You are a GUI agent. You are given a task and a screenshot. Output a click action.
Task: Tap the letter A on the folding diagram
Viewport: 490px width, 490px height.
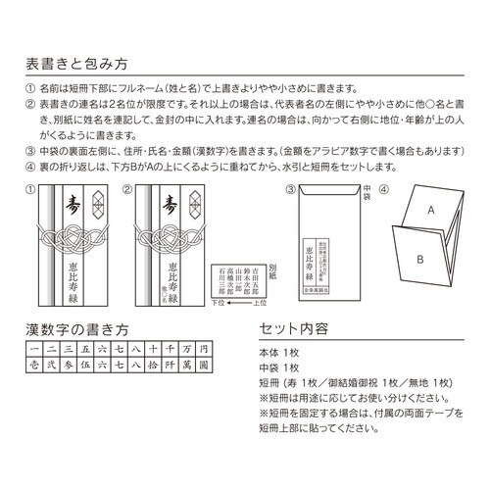pos(429,210)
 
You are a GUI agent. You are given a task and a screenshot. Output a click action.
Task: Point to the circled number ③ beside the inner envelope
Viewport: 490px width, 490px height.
pos(277,186)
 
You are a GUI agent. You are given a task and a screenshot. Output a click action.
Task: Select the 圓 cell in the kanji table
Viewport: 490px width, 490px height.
pos(204,363)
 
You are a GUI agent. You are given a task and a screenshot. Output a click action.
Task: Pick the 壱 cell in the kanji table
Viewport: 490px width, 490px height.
pos(35,363)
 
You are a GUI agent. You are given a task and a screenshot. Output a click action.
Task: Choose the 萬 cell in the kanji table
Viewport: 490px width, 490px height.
pos(187,363)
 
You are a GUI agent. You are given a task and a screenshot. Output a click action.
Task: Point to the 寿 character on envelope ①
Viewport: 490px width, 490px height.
pos(68,206)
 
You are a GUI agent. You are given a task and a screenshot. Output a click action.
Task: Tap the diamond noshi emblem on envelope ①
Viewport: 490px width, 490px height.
pos(95,202)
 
